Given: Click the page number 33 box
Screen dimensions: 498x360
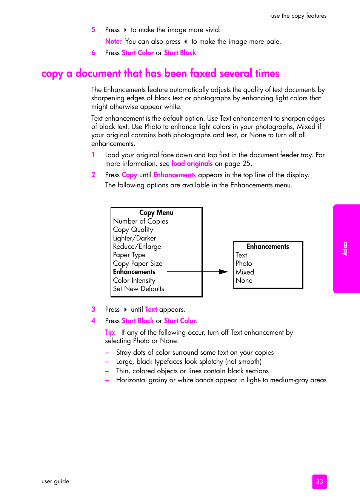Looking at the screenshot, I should click(319, 481).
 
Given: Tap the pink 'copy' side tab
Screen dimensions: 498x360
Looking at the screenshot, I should click(346, 249).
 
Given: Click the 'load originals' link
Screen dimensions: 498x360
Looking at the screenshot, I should click(192, 164).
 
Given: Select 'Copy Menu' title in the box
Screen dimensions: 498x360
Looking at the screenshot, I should click(156, 213).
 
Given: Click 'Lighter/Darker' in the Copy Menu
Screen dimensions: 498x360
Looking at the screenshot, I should click(134, 238).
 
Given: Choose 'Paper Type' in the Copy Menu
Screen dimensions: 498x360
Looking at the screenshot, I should click(129, 255).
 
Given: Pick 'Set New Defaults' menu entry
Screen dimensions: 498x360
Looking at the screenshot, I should click(138, 289).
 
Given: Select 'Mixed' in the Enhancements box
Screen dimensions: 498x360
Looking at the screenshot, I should click(245, 272).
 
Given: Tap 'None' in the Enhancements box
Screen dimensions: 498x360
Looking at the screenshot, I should click(244, 280).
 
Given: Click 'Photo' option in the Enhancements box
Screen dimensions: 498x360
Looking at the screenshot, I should click(243, 264).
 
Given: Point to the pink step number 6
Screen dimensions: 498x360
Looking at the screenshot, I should click(93, 53).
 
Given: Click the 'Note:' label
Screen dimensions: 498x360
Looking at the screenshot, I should click(113, 41).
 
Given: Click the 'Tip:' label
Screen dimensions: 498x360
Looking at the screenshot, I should click(110, 333).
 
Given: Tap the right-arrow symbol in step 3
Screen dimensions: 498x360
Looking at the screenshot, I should click(125, 310).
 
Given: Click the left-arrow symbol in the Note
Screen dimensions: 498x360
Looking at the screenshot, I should click(186, 41).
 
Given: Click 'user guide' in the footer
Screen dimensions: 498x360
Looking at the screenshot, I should click(55, 481).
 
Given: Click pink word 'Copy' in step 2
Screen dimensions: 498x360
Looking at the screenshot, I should click(129, 175).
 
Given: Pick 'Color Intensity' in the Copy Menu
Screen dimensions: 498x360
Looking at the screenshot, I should click(134, 280).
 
